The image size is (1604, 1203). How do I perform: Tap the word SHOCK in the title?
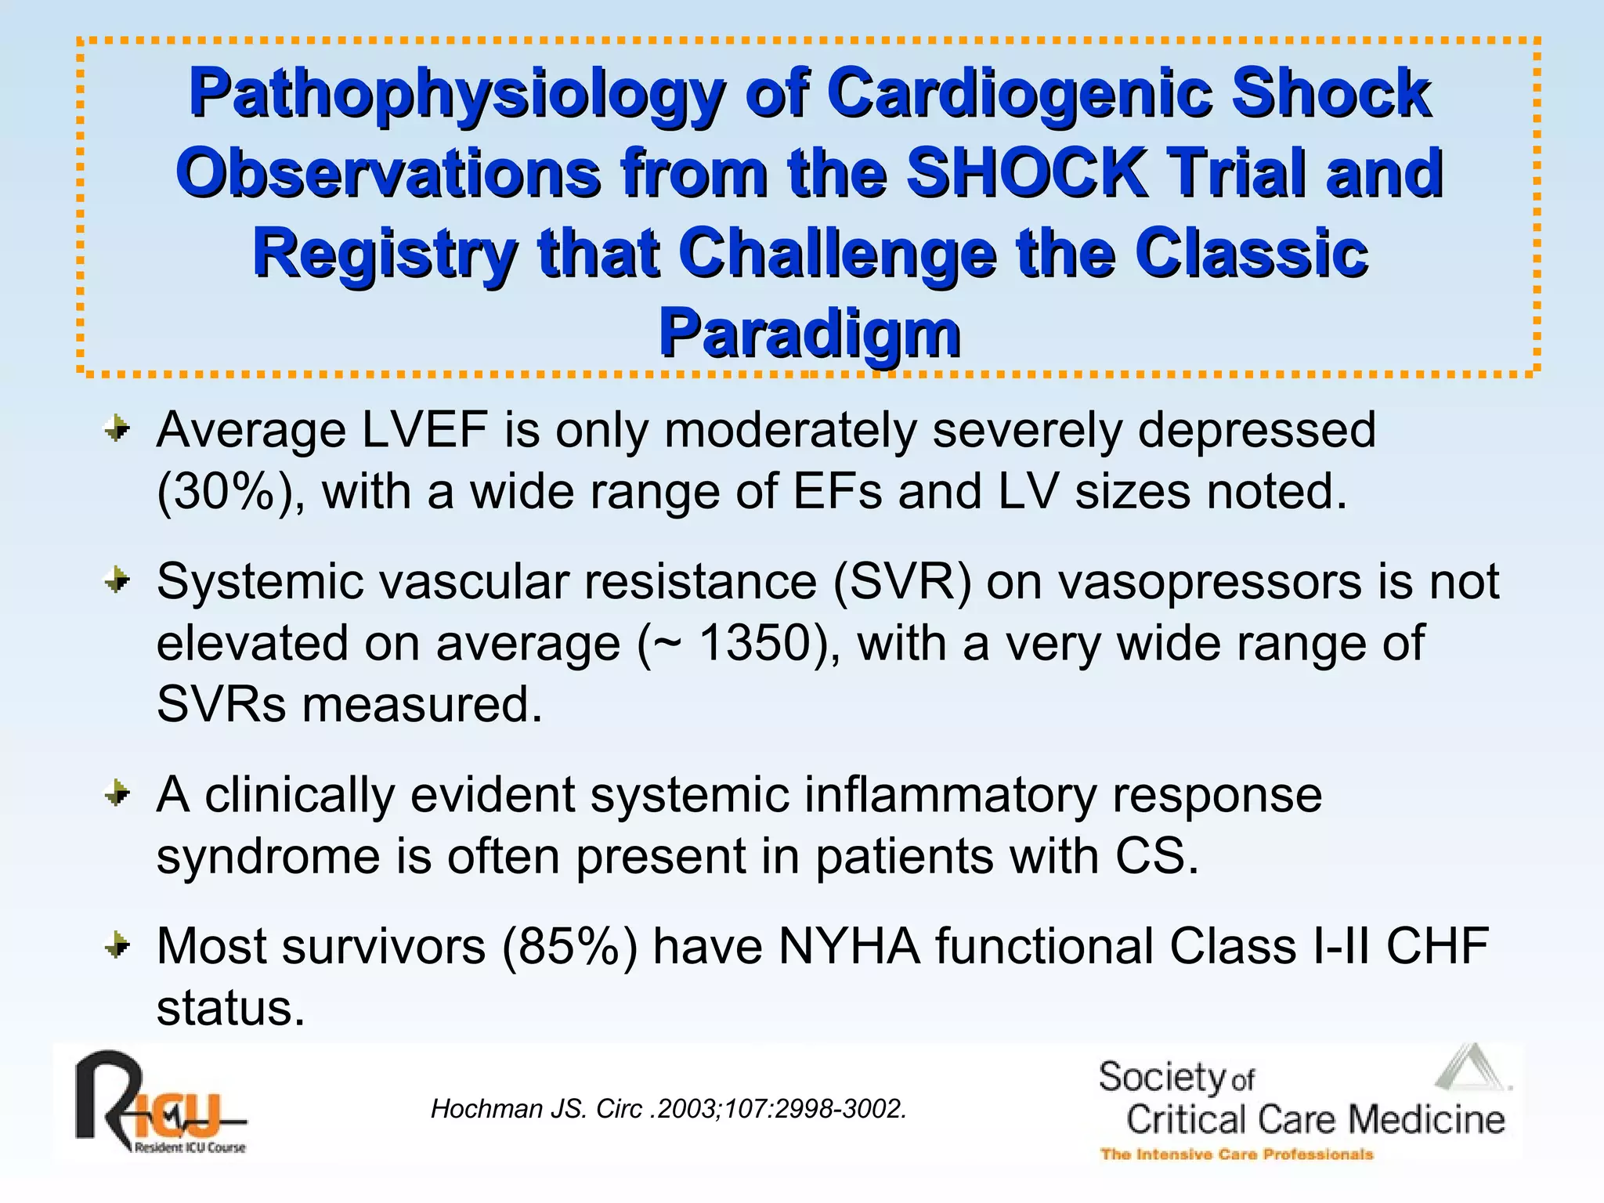(x=1025, y=173)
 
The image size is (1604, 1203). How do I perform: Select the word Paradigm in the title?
(x=809, y=334)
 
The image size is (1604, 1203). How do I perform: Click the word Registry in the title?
(x=384, y=254)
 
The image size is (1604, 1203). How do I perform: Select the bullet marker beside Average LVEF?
(x=117, y=428)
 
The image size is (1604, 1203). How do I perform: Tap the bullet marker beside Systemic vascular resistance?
(x=117, y=580)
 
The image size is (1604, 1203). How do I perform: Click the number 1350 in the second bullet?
(x=753, y=643)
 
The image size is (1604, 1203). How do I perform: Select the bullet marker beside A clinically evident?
(x=117, y=793)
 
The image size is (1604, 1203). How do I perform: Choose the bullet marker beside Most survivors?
(x=117, y=945)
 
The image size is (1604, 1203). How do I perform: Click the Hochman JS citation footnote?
(x=668, y=1109)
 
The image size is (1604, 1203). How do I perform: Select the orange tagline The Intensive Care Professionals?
(x=1237, y=1154)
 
